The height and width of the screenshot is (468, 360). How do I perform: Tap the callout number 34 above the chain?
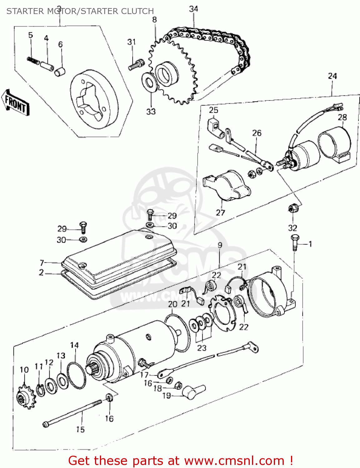194,9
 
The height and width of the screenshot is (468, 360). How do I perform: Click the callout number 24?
332,76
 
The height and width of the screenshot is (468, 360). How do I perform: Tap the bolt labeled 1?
294,242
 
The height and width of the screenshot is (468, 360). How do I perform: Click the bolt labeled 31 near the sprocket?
135,65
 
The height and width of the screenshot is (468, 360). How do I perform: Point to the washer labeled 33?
150,83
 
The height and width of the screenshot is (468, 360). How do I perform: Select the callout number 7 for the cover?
42,263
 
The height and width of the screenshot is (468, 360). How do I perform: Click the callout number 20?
173,304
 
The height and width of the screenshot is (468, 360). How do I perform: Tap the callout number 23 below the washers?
202,348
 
